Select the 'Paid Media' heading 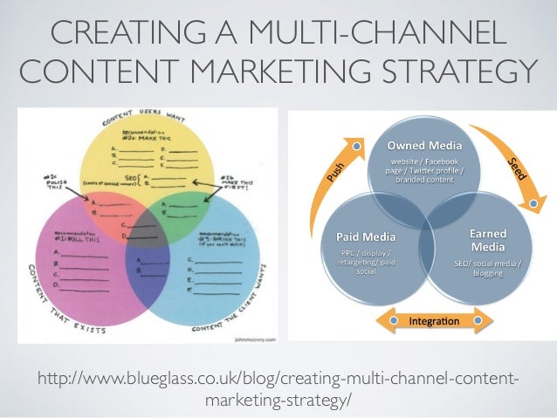[367, 236]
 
